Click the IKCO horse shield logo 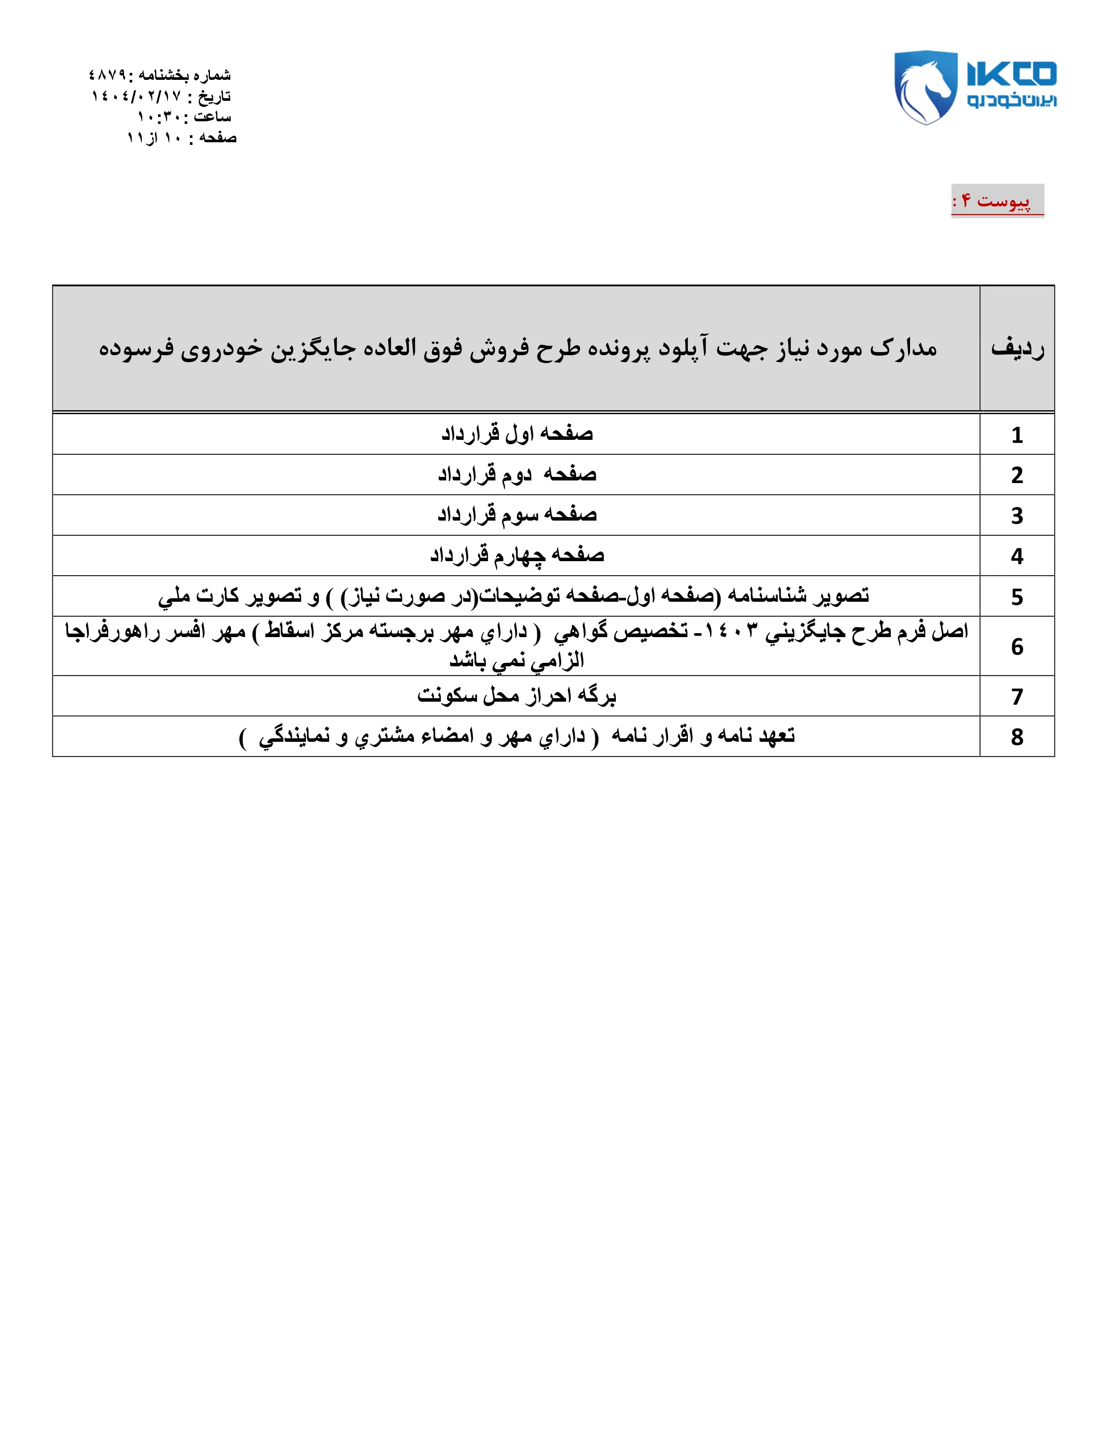coord(925,86)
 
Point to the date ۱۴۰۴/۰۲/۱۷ coord(136,96)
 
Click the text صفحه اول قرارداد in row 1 coord(517,434)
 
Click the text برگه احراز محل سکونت coord(517,696)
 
